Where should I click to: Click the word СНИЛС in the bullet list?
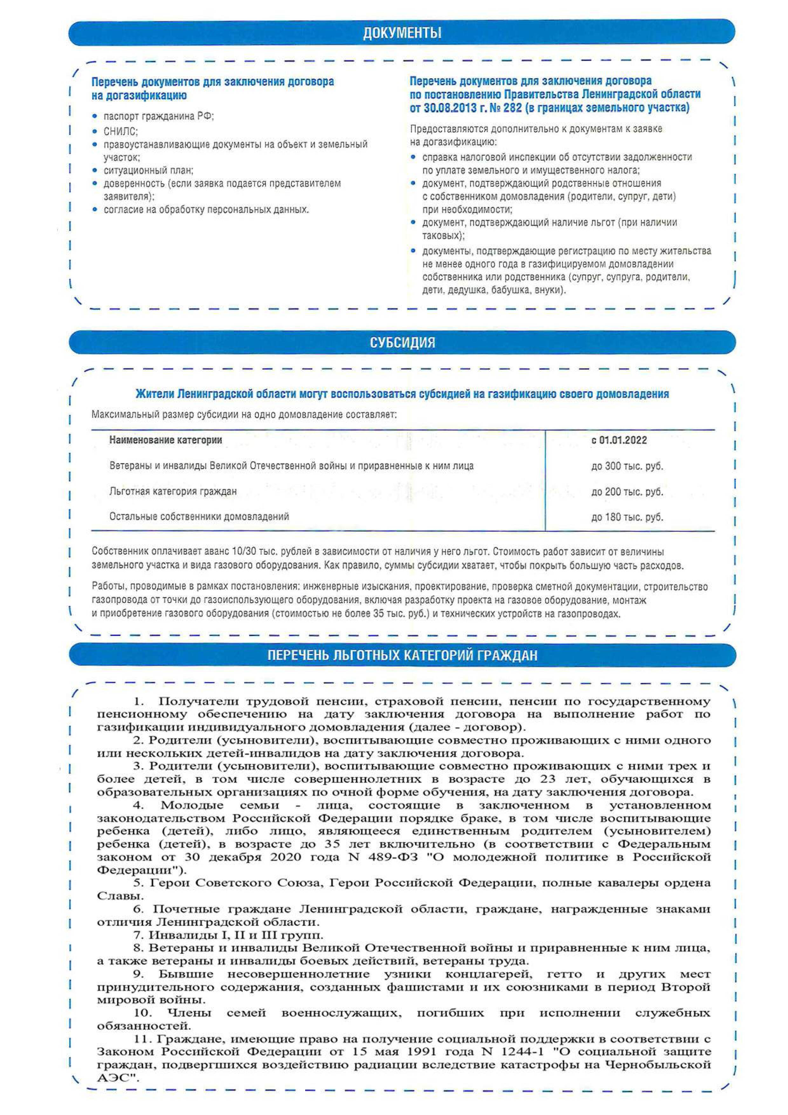(120, 132)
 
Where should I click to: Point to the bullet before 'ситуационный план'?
(95, 170)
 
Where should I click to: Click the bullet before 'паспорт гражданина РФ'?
(95, 117)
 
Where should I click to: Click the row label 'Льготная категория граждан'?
(173, 491)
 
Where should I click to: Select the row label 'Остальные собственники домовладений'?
(199, 517)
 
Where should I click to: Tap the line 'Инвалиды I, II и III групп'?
(236, 935)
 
